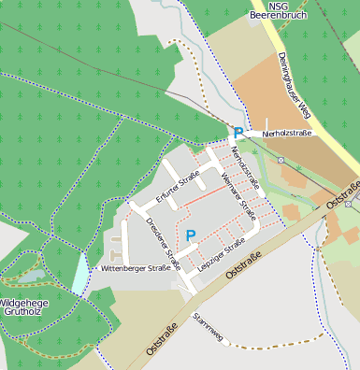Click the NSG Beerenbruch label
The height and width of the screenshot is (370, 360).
point(276,10)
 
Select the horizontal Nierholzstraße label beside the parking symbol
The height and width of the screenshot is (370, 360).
point(288,134)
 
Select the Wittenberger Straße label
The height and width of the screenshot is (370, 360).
point(136,268)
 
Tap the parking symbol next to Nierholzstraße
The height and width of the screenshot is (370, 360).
point(238,134)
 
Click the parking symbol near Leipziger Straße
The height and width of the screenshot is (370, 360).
point(191,235)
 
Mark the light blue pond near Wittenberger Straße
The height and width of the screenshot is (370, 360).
point(80,274)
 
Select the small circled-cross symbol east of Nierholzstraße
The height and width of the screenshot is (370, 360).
point(280,160)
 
